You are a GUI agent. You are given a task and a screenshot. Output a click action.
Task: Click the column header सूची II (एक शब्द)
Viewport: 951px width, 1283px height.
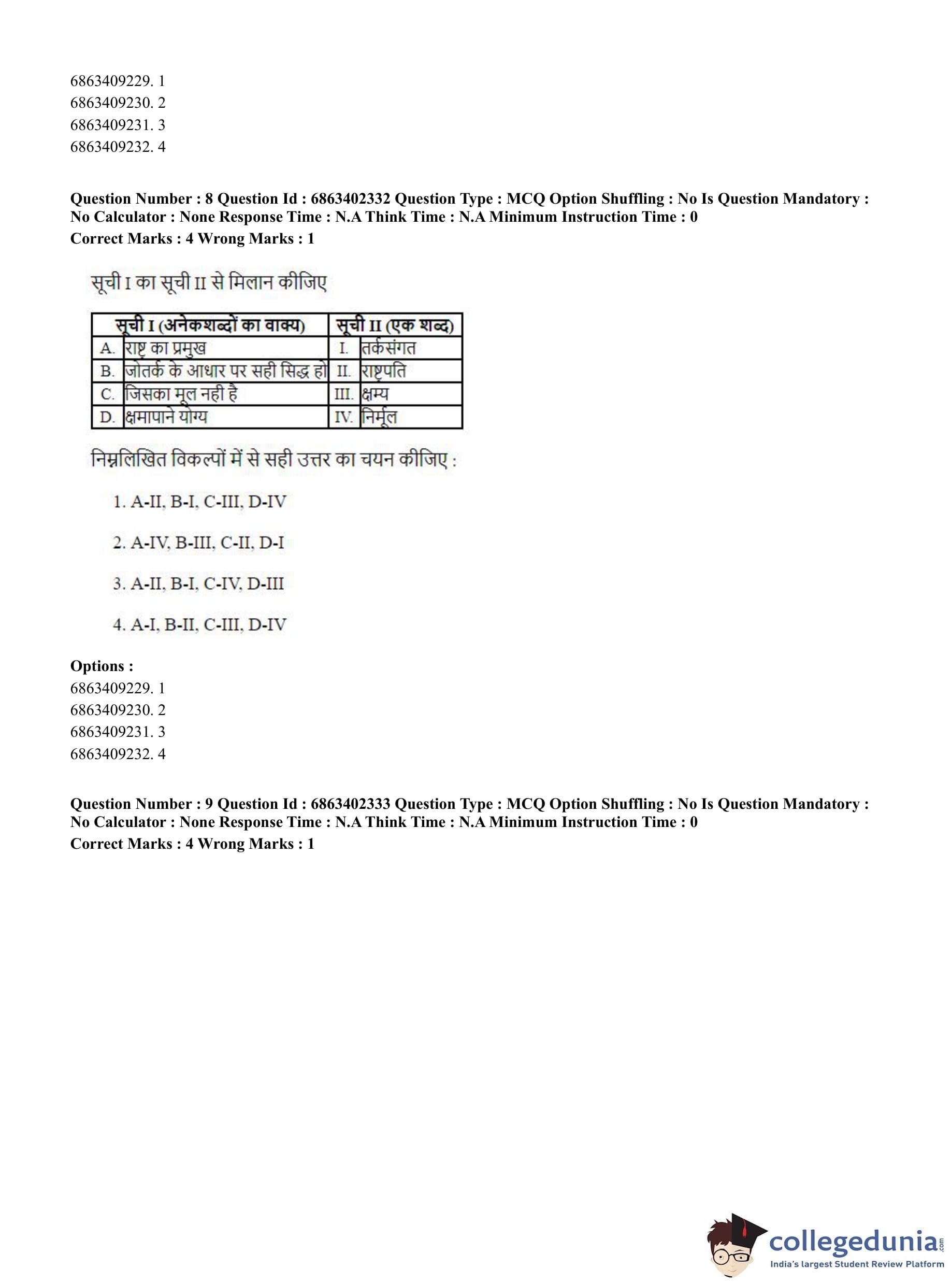(395, 325)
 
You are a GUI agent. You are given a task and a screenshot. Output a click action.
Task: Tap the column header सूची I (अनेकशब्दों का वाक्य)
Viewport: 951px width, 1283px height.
(210, 325)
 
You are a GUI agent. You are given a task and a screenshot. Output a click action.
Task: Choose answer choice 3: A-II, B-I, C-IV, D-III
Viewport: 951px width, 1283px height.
(198, 584)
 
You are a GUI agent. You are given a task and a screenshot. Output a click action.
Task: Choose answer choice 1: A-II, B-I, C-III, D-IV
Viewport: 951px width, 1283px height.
(199, 502)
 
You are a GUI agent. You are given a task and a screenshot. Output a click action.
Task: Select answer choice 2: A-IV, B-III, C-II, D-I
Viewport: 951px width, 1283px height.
(198, 543)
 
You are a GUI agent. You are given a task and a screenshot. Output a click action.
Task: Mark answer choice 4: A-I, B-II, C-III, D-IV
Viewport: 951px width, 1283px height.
(199, 625)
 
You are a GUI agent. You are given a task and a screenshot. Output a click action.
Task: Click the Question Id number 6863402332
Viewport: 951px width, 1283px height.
(350, 198)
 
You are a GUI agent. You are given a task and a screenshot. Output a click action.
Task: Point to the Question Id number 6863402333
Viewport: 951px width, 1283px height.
(350, 804)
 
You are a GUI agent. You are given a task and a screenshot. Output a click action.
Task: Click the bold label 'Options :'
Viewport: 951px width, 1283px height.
(102, 666)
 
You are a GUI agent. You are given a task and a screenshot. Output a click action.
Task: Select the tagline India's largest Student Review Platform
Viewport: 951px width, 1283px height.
(857, 1264)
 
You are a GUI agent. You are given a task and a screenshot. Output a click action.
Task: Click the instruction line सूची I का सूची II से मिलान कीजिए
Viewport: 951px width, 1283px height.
(209, 283)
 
